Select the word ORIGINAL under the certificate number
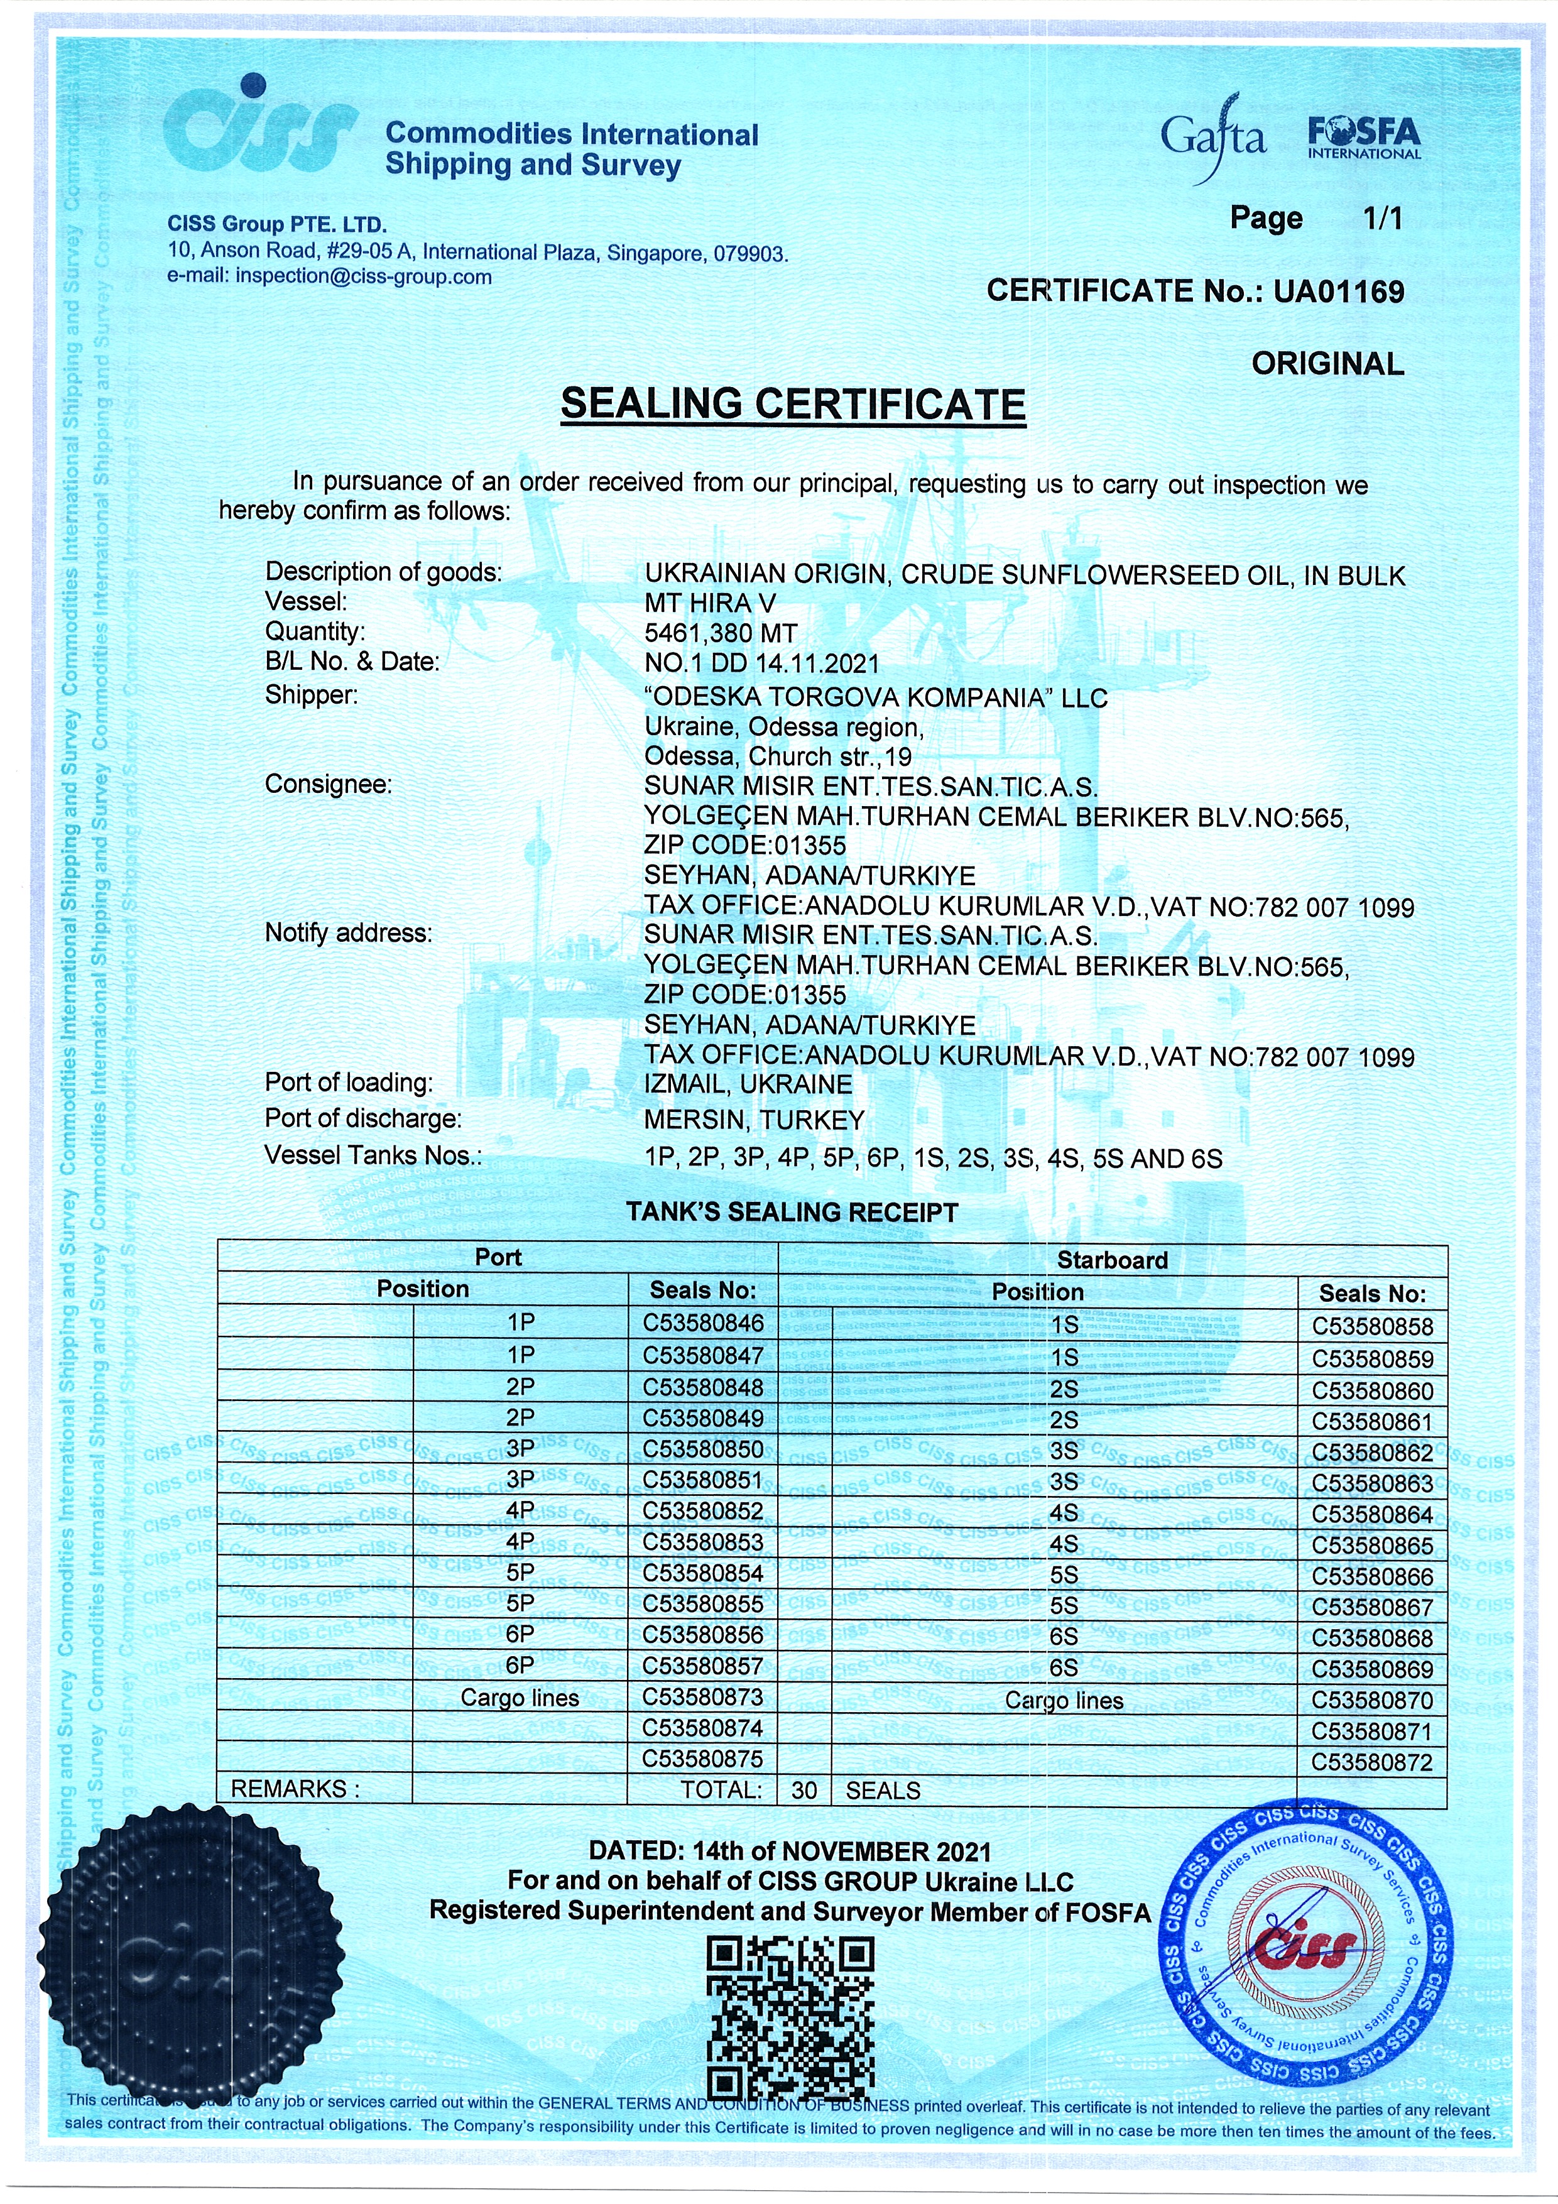[x=1327, y=364]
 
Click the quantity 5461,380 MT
[x=721, y=633]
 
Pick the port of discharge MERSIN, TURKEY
[x=754, y=1120]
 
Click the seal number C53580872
[x=1372, y=1762]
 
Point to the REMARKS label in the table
[x=295, y=1789]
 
